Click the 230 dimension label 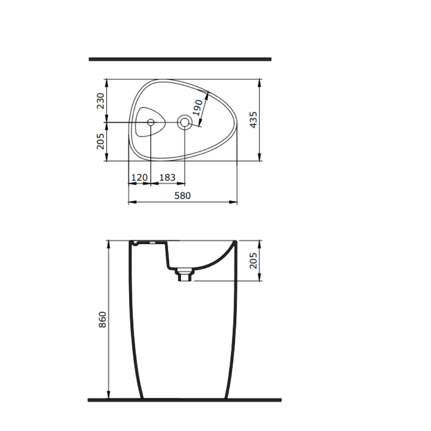point(100,100)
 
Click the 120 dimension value point(139,177)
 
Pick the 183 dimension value point(167,177)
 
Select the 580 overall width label point(182,195)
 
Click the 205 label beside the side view point(253,260)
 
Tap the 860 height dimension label point(102,319)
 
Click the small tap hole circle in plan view point(151,122)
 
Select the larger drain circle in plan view point(184,122)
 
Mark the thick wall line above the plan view point(180,59)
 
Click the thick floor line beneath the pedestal point(184,400)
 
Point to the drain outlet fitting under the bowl point(184,274)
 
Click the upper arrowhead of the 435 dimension point(259,82)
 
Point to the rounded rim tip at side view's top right point(235,242)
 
